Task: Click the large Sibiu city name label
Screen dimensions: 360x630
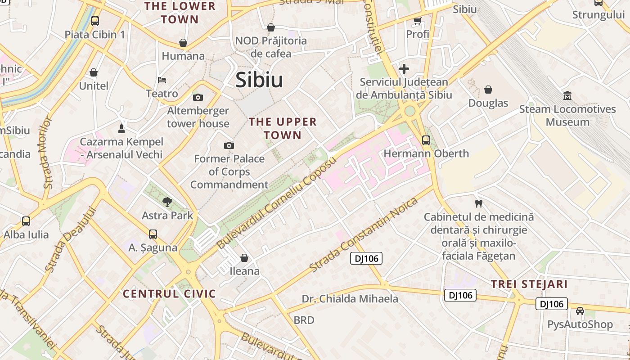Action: point(259,80)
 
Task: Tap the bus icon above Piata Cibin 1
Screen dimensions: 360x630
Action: point(95,21)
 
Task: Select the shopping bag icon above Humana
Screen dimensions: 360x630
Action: point(183,43)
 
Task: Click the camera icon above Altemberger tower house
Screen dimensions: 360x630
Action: point(198,97)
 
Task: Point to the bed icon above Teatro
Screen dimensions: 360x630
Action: point(162,80)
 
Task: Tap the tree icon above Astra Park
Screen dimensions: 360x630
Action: point(167,202)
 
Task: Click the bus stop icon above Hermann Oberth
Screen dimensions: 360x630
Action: point(426,140)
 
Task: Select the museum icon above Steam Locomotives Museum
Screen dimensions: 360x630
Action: point(567,95)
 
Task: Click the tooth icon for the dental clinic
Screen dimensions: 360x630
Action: point(478,203)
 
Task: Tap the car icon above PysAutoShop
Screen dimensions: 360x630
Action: point(580,311)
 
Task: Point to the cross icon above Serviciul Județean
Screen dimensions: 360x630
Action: point(404,69)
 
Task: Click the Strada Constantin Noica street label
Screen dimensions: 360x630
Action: point(364,234)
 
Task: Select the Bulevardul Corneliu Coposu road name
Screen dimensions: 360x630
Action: point(277,202)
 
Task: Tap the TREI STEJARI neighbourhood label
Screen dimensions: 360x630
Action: point(529,284)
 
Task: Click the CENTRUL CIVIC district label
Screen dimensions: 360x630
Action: point(170,294)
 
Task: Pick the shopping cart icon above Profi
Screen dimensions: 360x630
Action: point(417,21)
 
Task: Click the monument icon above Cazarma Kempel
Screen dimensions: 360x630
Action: point(121,129)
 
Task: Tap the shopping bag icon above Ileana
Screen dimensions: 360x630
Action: point(244,258)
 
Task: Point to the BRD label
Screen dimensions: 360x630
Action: point(304,320)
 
